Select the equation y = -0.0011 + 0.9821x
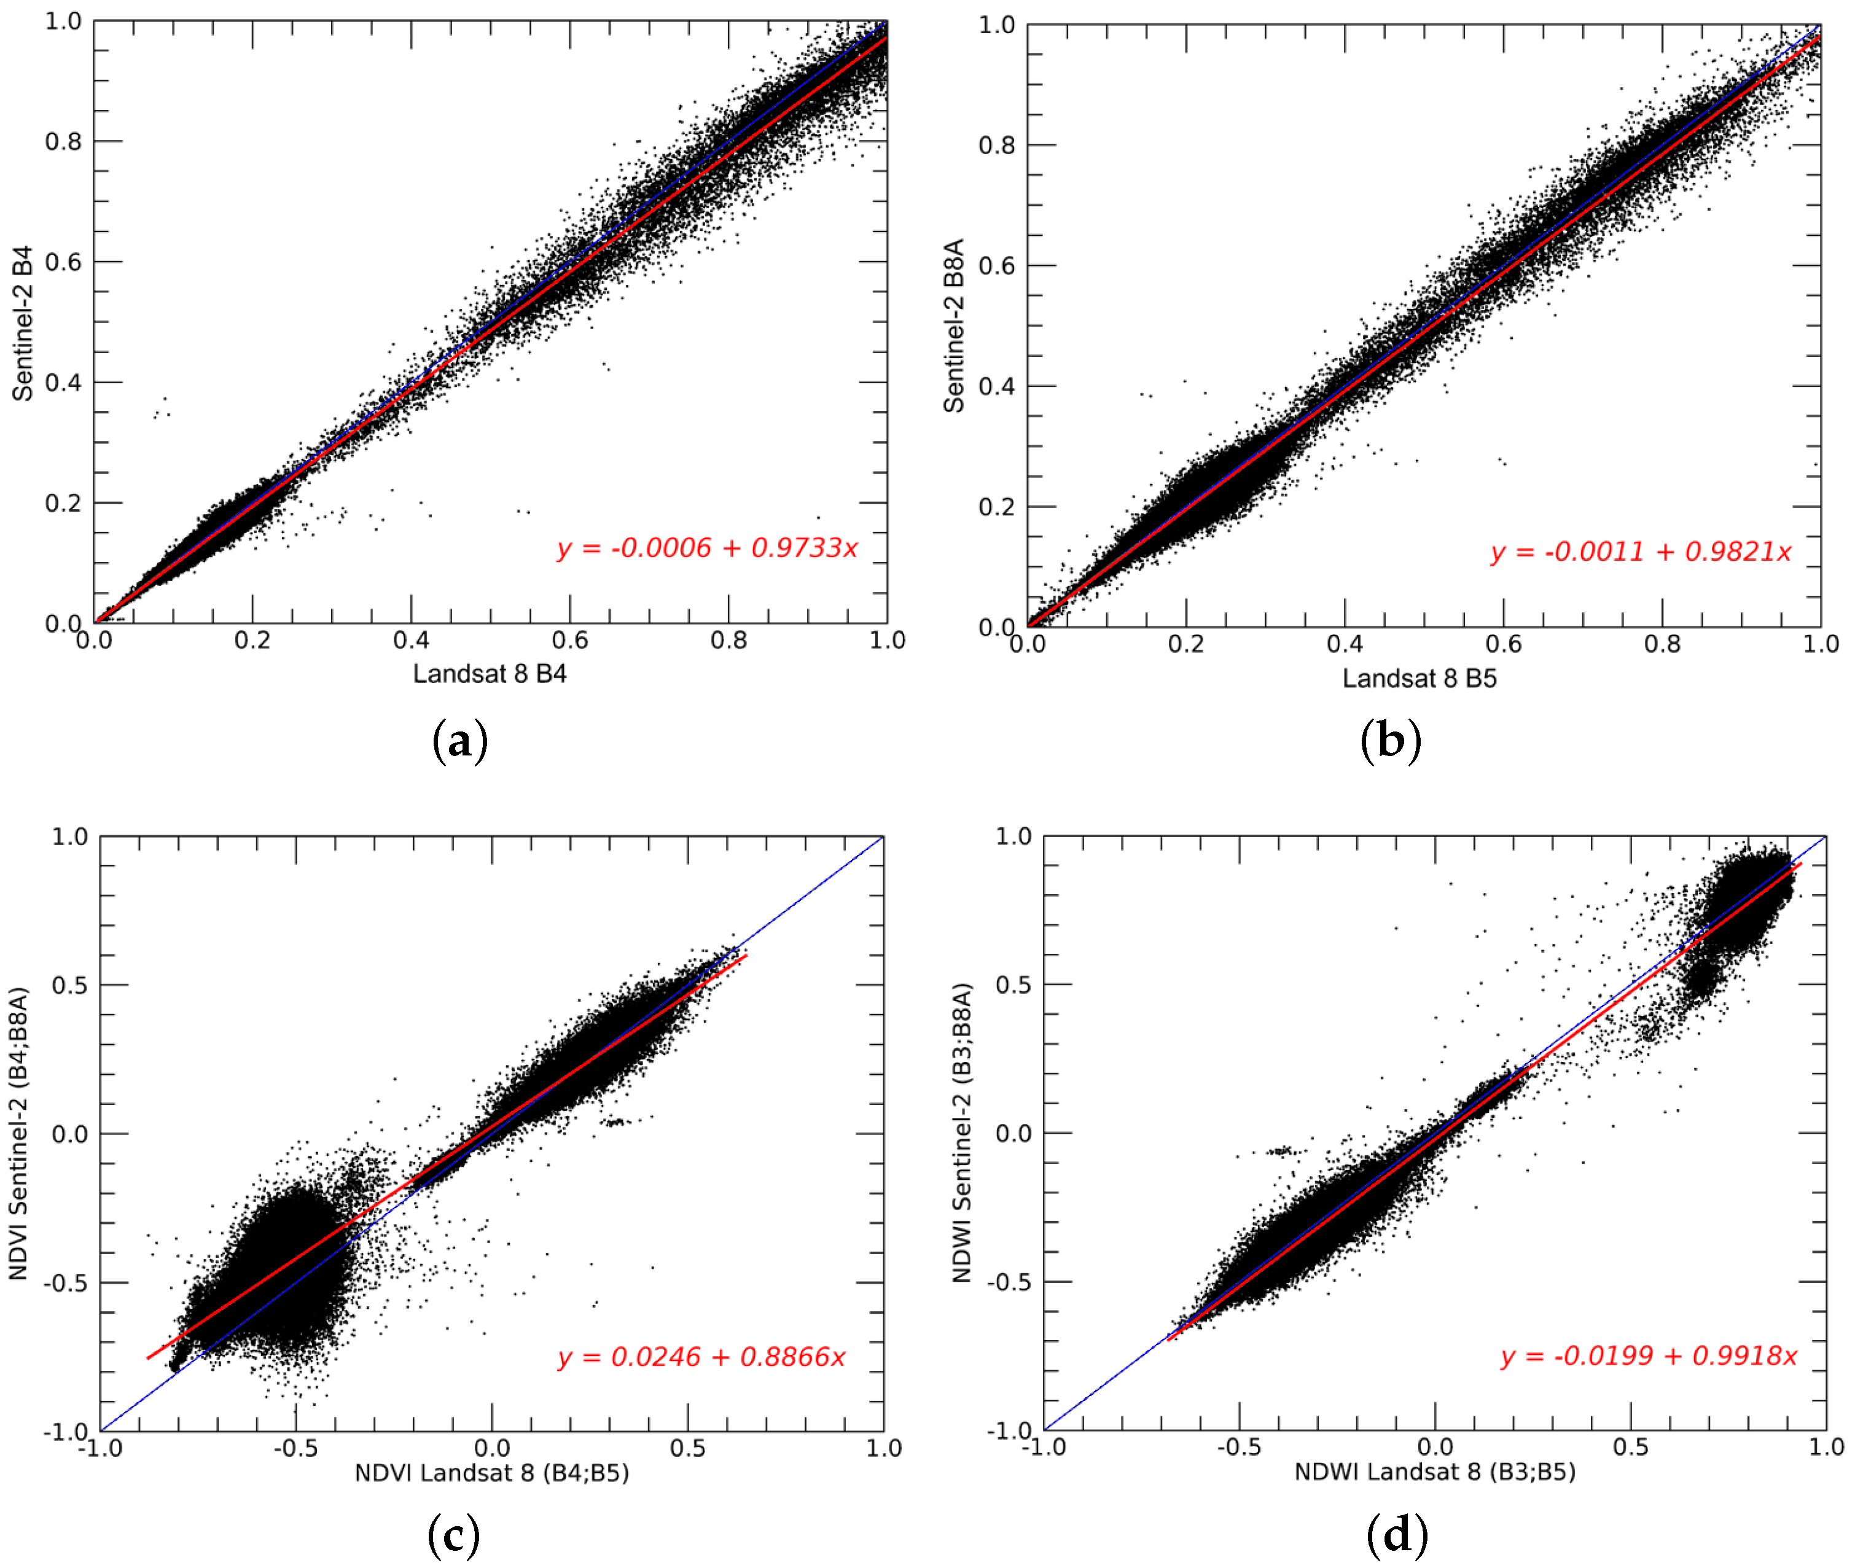point(1640,552)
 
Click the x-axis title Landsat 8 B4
point(489,674)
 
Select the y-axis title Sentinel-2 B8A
point(954,326)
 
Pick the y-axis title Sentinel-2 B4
point(22,324)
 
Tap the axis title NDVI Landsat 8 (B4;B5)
point(491,1473)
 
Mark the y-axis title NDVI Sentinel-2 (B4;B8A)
point(18,1133)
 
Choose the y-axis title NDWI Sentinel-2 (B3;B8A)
point(962,1133)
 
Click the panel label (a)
point(459,741)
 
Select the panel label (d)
point(1396,1535)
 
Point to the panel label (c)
point(453,1535)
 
